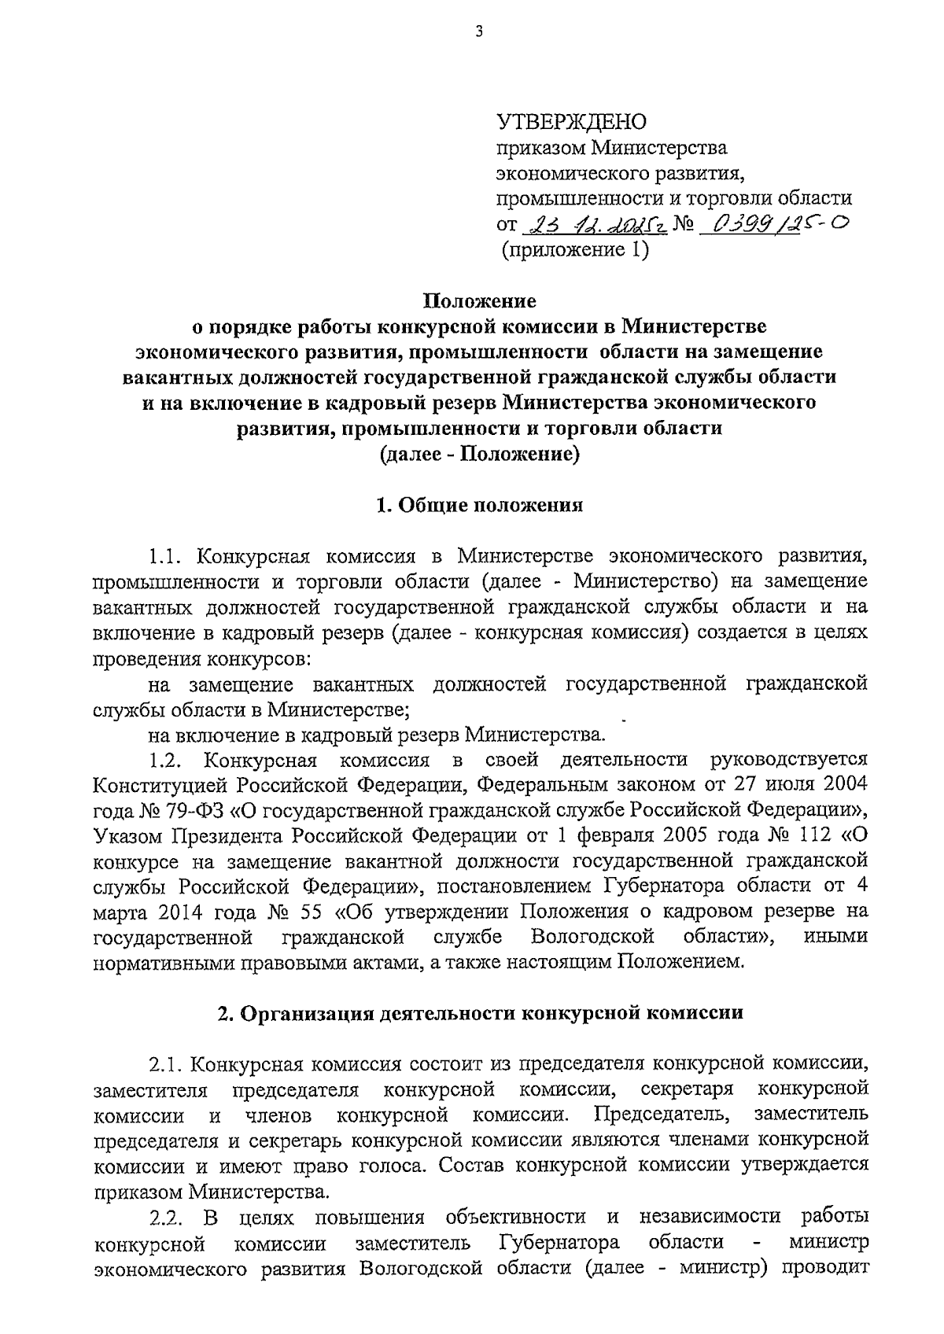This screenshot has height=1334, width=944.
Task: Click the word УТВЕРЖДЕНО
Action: point(570,121)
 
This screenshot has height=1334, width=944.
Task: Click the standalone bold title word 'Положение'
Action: point(480,300)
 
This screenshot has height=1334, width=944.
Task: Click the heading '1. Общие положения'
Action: point(479,505)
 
